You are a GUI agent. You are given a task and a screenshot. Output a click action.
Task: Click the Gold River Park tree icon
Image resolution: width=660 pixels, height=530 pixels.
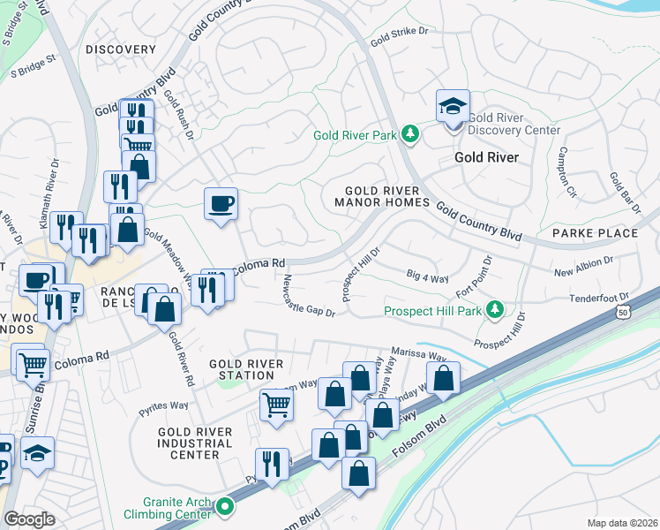(409, 135)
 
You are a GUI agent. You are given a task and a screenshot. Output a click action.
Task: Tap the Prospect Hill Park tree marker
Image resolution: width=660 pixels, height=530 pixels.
(495, 310)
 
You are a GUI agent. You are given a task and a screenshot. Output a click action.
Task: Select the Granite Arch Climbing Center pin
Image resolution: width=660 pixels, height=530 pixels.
(225, 507)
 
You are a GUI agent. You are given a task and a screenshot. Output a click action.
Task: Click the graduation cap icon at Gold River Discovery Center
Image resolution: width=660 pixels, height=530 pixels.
(453, 108)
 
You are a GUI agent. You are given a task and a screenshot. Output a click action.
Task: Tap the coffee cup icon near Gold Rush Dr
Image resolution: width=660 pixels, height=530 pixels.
(221, 205)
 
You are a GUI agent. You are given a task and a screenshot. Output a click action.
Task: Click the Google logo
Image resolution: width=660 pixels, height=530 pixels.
(30, 519)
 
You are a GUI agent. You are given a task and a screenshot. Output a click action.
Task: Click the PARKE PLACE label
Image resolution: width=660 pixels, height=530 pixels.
(595, 233)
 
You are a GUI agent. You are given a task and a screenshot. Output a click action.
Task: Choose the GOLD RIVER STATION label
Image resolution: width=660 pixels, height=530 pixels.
(246, 369)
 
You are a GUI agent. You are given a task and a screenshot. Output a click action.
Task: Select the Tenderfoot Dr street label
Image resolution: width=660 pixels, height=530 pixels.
(600, 299)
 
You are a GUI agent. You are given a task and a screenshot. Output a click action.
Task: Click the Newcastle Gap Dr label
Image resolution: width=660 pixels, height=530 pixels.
(309, 299)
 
